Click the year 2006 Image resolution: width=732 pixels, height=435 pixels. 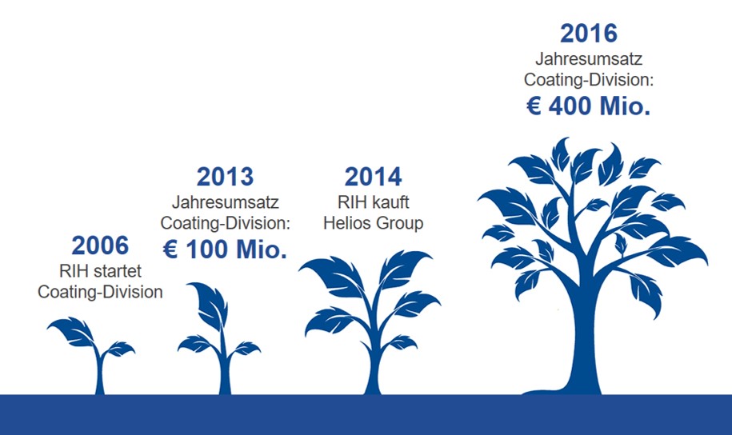[x=100, y=245]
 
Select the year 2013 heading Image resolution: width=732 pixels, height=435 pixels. [x=225, y=177]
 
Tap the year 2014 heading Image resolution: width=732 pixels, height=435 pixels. [x=373, y=177]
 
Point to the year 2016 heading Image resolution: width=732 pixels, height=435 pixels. [x=589, y=33]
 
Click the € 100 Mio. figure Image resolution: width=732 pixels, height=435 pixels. [x=225, y=249]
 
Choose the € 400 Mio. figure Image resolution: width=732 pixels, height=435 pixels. [x=589, y=106]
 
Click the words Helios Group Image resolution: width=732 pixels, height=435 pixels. [x=373, y=223]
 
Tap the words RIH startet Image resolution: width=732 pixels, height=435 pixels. [x=100, y=271]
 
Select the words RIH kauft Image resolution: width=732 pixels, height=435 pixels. [x=373, y=202]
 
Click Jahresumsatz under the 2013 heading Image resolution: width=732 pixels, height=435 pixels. [x=225, y=202]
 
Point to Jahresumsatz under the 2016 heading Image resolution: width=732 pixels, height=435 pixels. [x=589, y=59]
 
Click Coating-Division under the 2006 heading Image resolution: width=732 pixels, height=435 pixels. [x=100, y=292]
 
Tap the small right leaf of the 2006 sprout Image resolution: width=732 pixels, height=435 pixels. [x=119, y=348]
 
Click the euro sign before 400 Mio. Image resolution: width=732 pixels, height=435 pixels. [x=534, y=106]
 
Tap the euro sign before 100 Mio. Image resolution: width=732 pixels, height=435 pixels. [x=170, y=249]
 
